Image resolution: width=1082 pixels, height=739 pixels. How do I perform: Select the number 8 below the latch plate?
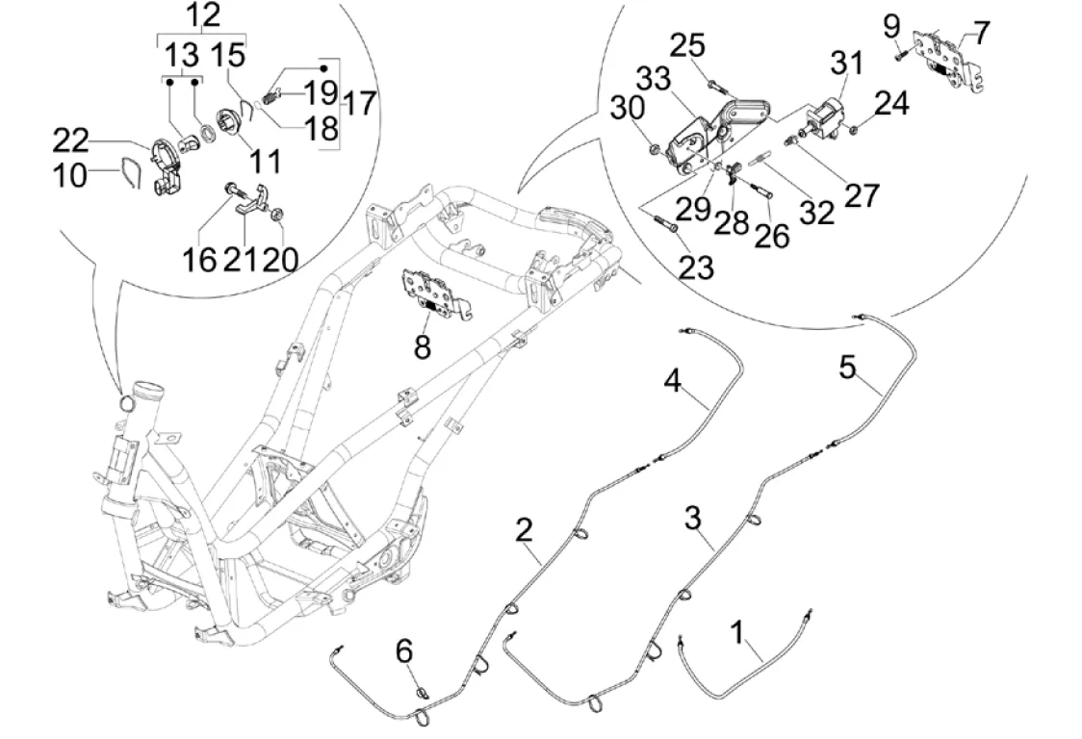click(423, 346)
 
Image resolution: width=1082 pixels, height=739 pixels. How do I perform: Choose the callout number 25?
click(714, 45)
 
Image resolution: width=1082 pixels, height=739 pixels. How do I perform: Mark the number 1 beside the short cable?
click(737, 633)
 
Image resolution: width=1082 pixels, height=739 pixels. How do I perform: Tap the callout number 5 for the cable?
click(847, 368)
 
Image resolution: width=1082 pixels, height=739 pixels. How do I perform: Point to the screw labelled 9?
click(899, 55)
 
